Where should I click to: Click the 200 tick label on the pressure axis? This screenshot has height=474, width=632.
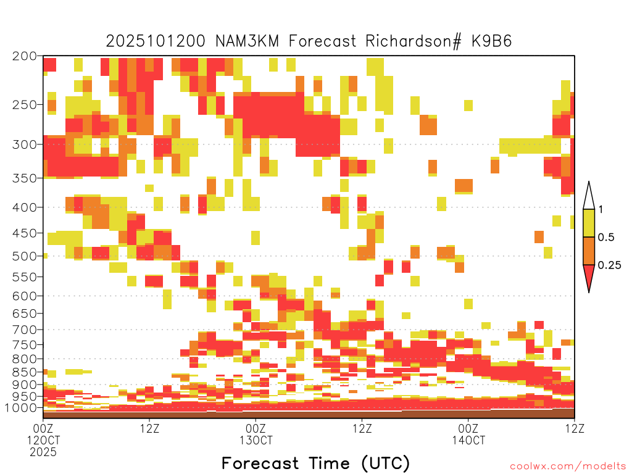coord(25,56)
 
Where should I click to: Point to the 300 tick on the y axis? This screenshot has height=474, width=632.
coord(25,144)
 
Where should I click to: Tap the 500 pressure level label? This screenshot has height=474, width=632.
coord(25,256)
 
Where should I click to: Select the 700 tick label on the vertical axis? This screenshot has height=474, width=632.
coord(25,330)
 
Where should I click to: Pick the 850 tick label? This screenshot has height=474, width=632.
coord(25,372)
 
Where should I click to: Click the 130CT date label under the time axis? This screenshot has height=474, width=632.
coord(256,440)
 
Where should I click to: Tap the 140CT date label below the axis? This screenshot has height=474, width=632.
coord(468,440)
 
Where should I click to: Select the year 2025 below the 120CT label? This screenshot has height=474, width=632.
coord(43,452)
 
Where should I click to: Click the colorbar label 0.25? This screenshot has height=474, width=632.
coord(609,265)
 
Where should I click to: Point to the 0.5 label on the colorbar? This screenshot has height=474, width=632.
coord(606,238)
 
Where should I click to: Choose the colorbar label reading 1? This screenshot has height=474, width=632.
coord(601,210)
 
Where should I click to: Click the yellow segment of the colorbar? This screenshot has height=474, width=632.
coord(589,223)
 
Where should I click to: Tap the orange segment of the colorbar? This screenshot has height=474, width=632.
coord(589,251)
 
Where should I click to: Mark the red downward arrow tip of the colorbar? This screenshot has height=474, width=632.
coord(589,292)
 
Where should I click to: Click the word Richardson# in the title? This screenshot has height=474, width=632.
coord(414,41)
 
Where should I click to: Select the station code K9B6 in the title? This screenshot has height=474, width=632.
coord(492,41)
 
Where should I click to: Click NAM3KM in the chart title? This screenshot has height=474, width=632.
coord(247,41)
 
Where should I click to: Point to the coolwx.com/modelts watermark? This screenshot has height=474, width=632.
coord(568,467)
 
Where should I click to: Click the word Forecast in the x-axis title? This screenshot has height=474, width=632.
coord(260,463)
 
